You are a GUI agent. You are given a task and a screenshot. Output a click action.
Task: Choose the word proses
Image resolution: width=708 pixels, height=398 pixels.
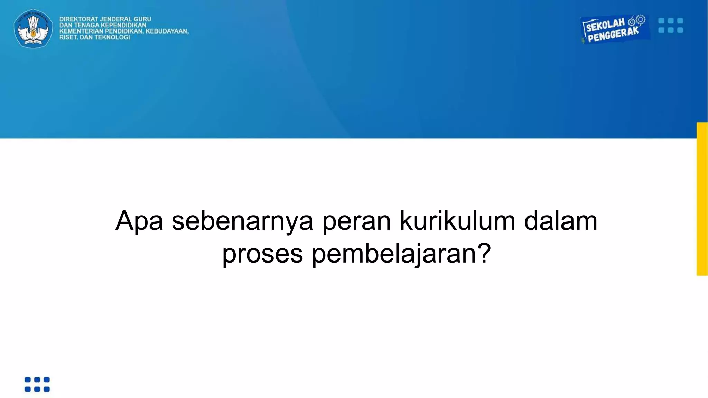point(262,254)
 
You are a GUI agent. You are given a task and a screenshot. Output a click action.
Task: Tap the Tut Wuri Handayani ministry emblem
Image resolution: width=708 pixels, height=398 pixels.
point(33,28)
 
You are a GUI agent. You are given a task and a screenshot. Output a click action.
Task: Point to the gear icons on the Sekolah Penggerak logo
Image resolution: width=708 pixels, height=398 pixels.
point(637,20)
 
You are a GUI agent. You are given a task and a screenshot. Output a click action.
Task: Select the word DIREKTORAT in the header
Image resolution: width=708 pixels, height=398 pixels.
point(78,19)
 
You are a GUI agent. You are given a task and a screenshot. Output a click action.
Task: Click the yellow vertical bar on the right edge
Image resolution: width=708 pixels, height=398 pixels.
point(702,199)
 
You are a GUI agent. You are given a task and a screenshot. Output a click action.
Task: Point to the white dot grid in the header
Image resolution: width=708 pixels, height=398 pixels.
point(671,26)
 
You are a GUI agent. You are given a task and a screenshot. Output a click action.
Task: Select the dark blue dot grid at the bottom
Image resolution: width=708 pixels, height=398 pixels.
point(37,384)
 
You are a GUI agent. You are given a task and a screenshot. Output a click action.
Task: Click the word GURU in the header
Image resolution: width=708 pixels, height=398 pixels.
point(142,19)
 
